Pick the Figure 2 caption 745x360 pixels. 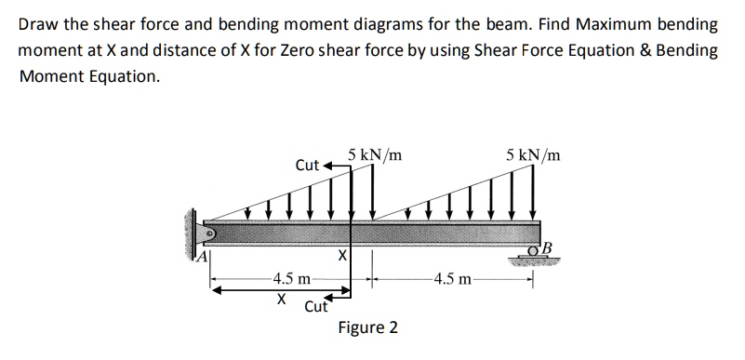pyautogui.click(x=367, y=327)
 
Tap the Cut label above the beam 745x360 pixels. pyautogui.click(x=307, y=166)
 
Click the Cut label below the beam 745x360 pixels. pyautogui.click(x=316, y=305)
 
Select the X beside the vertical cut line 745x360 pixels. pyautogui.click(x=341, y=253)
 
